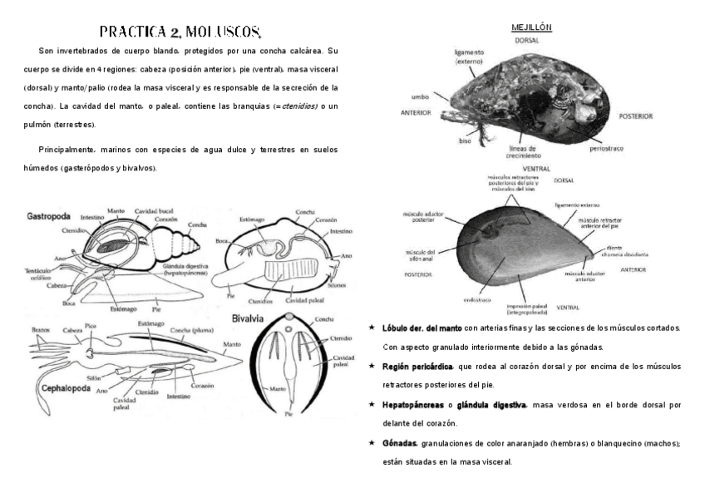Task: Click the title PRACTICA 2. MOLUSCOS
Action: (180, 32)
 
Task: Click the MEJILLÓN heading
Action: (532, 27)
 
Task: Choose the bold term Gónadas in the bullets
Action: (402, 443)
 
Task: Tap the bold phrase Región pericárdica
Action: (418, 366)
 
